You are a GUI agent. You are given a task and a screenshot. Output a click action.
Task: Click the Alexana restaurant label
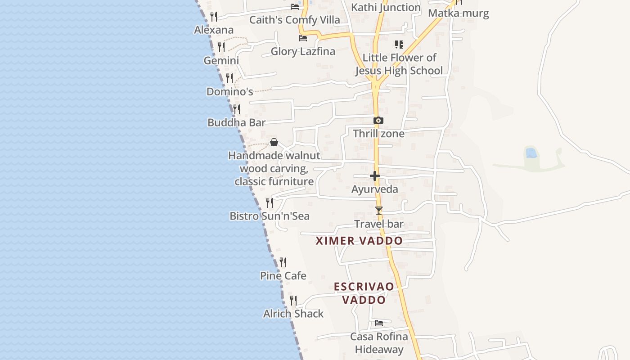214,30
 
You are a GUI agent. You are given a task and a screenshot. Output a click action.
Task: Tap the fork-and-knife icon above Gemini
221,47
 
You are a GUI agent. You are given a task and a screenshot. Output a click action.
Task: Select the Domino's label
229,92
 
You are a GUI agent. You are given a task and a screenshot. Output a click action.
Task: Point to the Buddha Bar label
236,122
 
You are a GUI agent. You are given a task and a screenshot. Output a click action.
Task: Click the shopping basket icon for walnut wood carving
274,143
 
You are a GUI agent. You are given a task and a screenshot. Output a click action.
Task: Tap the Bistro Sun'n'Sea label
270,216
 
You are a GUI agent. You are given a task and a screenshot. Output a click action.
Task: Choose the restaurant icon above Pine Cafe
283,262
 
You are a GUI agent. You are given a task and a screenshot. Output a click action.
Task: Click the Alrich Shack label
293,314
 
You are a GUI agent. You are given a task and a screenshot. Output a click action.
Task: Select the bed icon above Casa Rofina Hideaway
379,323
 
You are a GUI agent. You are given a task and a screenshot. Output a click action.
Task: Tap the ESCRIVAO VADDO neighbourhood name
364,293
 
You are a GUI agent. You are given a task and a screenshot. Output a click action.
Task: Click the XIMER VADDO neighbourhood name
359,241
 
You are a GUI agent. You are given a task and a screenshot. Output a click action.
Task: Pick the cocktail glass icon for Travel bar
379,211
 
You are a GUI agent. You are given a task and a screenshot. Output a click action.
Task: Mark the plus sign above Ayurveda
375,176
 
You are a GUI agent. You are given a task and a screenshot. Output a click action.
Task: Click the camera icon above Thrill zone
378,121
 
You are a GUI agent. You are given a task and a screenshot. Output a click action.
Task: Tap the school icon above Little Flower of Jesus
399,45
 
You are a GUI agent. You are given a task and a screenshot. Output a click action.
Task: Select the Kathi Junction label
386,8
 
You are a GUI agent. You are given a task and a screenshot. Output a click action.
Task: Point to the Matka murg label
458,13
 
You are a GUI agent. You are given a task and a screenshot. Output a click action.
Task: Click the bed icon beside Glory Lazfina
303,38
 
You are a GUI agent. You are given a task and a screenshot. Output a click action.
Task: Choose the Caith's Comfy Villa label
295,20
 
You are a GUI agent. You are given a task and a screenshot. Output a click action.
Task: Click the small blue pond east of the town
531,153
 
